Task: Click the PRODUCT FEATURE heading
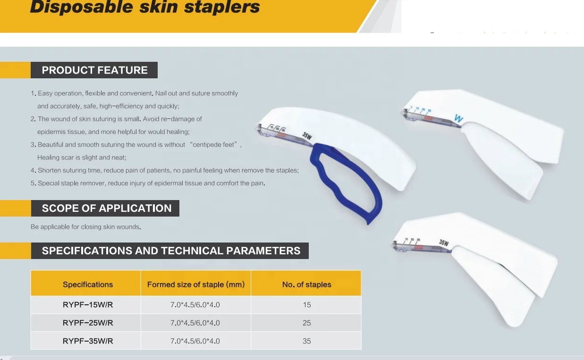pyautogui.click(x=94, y=70)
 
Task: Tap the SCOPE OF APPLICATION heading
pyautogui.click(x=107, y=208)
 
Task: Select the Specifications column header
pyautogui.click(x=88, y=285)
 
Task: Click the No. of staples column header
pyautogui.click(x=306, y=285)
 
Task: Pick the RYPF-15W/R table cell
pyautogui.click(x=88, y=305)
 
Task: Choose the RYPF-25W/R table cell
pyautogui.click(x=88, y=323)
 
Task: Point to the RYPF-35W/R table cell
pyautogui.click(x=88, y=341)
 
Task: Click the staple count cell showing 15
pyautogui.click(x=307, y=305)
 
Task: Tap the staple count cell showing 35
pyautogui.click(x=307, y=341)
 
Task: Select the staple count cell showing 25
pyautogui.click(x=307, y=323)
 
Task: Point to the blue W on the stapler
pyautogui.click(x=458, y=118)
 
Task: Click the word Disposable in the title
pyautogui.click(x=82, y=7)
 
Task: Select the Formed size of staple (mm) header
pyautogui.click(x=196, y=285)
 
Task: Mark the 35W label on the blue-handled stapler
pyautogui.click(x=307, y=136)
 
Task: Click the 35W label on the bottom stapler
pyautogui.click(x=444, y=243)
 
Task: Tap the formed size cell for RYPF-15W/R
pyautogui.click(x=195, y=305)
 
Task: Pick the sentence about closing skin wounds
pyautogui.click(x=86, y=227)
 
